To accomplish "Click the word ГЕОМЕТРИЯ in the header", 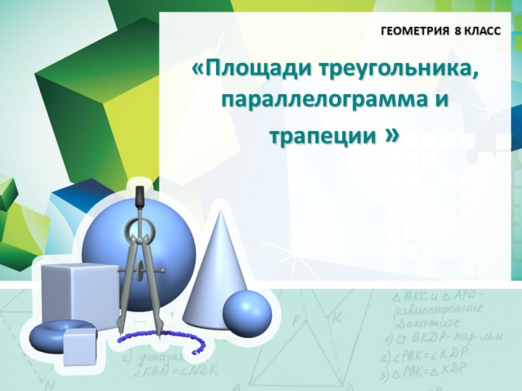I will tap(415, 33).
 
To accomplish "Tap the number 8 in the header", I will tap(457, 33).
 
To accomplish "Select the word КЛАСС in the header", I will tap(482, 33).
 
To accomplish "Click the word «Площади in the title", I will tap(243, 70).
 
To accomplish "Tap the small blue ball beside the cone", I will tap(246, 312).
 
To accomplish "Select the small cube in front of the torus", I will tap(79, 347).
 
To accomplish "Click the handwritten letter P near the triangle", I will tap(296, 318).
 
